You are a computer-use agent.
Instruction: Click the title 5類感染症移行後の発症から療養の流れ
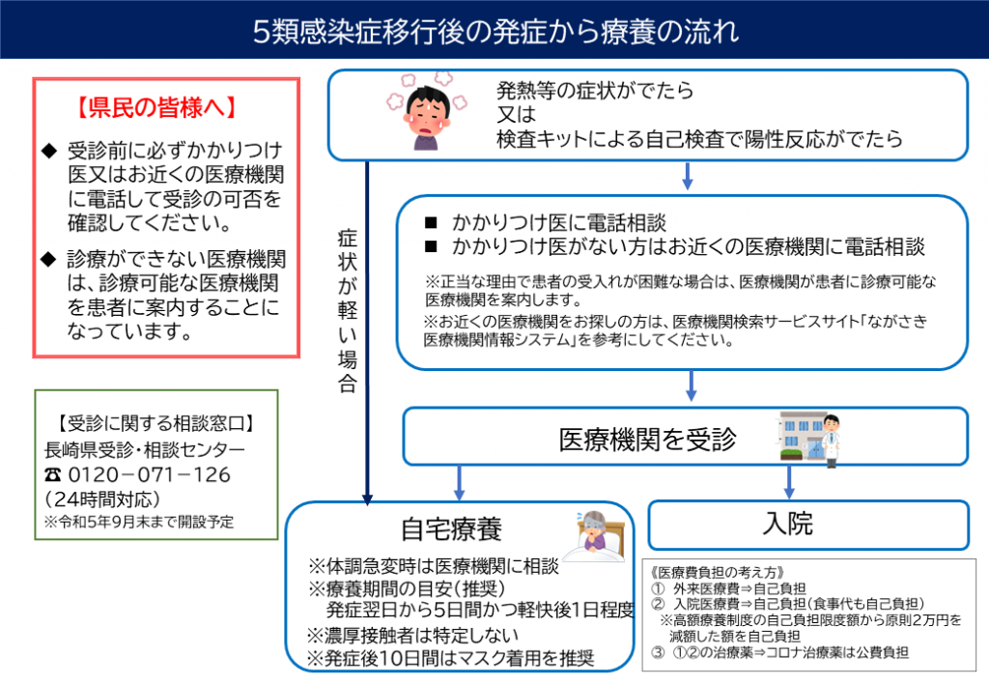coord(495,31)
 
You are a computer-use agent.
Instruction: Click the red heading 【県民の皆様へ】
coord(157,108)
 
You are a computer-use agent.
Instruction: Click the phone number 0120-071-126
coord(149,475)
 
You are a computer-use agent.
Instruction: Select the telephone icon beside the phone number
coord(53,475)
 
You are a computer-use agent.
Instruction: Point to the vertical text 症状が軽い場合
coord(348,311)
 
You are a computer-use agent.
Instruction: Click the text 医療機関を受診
coord(647,440)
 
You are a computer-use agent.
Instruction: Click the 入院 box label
coord(788,524)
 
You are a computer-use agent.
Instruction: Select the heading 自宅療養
coord(452,528)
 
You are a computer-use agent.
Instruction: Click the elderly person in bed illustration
coord(595,536)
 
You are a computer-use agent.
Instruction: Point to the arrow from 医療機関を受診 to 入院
coord(788,482)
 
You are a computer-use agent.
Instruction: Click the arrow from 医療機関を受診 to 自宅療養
coord(459,483)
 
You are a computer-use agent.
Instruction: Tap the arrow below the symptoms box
coord(688,175)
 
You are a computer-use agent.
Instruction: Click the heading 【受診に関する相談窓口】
coord(155,423)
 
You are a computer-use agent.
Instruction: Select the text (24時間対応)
coord(102,499)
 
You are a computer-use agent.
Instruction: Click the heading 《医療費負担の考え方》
coord(718,573)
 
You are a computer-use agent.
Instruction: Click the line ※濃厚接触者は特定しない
coord(412,635)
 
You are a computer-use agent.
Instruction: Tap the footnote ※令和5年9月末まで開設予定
coord(139,523)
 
